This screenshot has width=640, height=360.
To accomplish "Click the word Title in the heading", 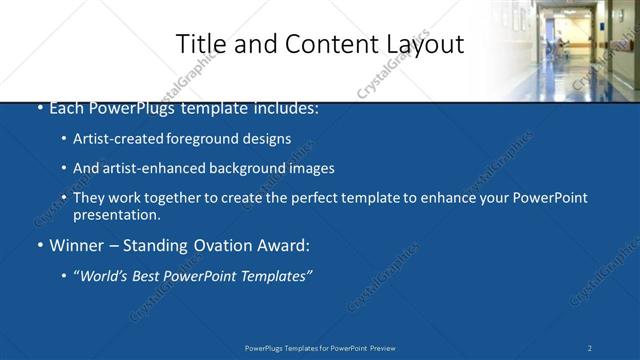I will [x=199, y=44].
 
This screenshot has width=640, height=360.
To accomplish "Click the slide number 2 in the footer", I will [x=590, y=348].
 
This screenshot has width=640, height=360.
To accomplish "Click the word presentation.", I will [x=116, y=214].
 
